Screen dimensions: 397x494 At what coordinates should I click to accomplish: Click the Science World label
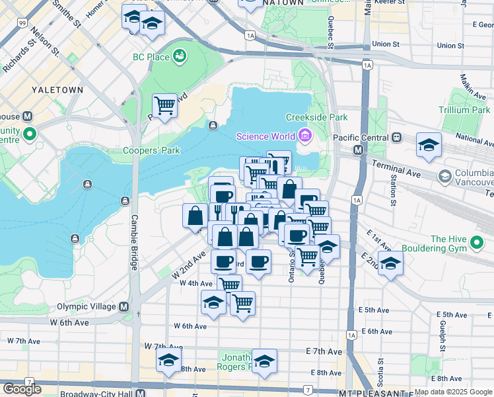[266, 136]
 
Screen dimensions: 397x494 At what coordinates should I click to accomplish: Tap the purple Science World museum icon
[304, 136]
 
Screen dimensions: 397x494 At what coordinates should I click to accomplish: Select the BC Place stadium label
[151, 57]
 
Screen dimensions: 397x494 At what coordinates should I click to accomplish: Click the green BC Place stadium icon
[179, 57]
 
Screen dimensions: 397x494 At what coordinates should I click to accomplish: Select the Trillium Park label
[467, 110]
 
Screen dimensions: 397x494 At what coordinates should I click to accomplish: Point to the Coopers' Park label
[151, 150]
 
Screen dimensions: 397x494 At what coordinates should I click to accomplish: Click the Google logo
[22, 388]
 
